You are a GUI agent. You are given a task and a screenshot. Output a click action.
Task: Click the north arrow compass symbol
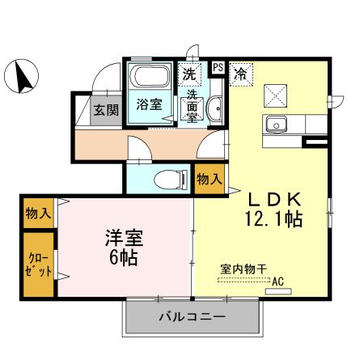coord(24,76)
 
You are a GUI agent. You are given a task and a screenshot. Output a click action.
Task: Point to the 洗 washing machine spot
coord(189,74)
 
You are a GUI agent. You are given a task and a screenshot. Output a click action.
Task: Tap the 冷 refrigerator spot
coord(241,74)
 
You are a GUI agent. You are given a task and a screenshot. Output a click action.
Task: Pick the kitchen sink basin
coord(275,125)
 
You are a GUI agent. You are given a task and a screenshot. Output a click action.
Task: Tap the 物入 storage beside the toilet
coord(209,180)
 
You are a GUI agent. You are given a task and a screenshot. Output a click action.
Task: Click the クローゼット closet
coord(39,265)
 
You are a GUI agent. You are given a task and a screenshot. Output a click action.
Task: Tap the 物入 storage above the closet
coord(38,214)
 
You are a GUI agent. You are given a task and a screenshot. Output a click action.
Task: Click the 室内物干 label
coord(243,270)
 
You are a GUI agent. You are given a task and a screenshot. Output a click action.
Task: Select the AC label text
coord(278,281)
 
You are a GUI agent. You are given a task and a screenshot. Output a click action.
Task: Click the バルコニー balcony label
coord(192,315)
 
